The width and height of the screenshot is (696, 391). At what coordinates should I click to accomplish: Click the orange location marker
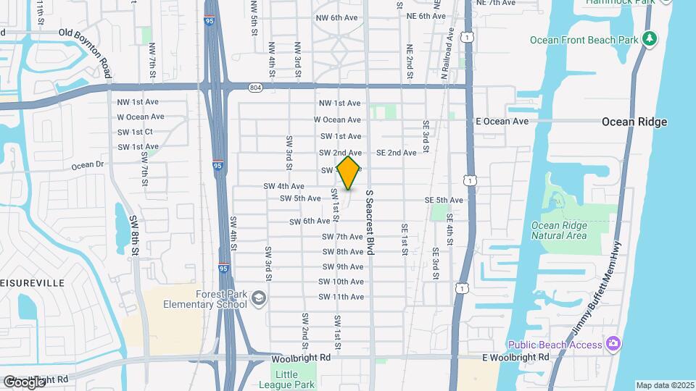click(x=349, y=173)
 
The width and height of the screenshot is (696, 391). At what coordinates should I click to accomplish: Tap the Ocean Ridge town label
click(x=634, y=122)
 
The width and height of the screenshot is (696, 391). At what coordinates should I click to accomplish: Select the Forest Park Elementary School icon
click(x=258, y=298)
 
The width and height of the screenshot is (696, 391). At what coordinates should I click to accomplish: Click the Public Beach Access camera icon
click(x=613, y=344)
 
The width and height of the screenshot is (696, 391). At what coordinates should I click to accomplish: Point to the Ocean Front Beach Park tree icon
click(x=651, y=39)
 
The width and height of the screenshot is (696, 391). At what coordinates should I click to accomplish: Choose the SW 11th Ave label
click(x=343, y=297)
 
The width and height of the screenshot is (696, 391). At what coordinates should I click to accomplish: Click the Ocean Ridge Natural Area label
click(x=559, y=230)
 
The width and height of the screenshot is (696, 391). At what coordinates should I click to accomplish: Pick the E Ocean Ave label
click(x=502, y=121)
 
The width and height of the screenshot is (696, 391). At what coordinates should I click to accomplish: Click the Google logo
click(x=24, y=382)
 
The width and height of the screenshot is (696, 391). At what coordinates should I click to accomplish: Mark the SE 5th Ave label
click(x=444, y=200)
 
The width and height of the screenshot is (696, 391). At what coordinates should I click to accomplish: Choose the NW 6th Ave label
click(x=337, y=17)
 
